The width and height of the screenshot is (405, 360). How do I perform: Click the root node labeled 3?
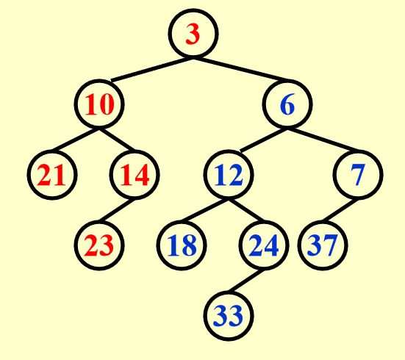pyautogui.click(x=193, y=34)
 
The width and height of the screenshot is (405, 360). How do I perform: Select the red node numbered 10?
pyautogui.click(x=99, y=104)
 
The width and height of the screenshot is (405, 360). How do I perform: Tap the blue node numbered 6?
pyautogui.click(x=287, y=104)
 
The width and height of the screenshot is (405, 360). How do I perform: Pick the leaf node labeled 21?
pyautogui.click(x=52, y=175)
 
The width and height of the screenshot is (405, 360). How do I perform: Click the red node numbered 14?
pyautogui.click(x=135, y=175)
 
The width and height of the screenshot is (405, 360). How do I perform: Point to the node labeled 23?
pyautogui.click(x=99, y=245)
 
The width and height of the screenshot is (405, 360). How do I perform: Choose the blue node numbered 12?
pyautogui.click(x=229, y=175)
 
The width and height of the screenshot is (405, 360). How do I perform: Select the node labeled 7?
pyautogui.click(x=358, y=175)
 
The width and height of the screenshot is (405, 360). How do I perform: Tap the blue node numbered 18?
pyautogui.click(x=182, y=245)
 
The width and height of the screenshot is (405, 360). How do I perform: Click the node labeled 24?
pyautogui.click(x=264, y=245)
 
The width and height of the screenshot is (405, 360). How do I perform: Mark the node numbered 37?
pyautogui.click(x=323, y=245)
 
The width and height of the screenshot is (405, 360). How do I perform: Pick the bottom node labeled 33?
pyautogui.click(x=229, y=316)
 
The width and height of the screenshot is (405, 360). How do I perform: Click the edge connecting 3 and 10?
pyautogui.click(x=152, y=70)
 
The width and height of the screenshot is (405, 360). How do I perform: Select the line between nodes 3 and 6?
pyautogui.click(x=243, y=70)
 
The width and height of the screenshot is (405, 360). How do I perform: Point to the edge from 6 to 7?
pyautogui.click(x=323, y=140)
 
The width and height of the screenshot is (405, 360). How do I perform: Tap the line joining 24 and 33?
pyautogui.click(x=246, y=281)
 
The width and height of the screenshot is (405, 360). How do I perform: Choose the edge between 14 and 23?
pyautogui.click(x=117, y=210)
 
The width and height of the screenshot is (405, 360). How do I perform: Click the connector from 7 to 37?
pyautogui.click(x=340, y=210)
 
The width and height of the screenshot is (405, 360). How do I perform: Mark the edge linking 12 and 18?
pyautogui.click(x=204, y=210)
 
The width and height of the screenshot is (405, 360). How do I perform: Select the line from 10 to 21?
pyautogui.click(x=76, y=140)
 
